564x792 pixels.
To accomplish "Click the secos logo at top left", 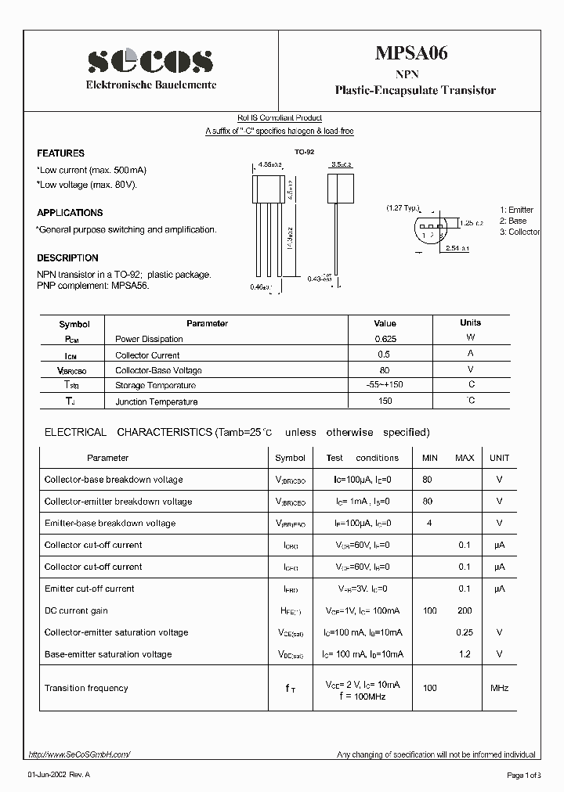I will click(x=150, y=60).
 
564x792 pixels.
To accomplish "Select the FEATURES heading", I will click(x=60, y=153).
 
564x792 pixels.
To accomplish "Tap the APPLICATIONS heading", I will click(x=70, y=213).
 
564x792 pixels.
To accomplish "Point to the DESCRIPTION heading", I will click(x=67, y=258).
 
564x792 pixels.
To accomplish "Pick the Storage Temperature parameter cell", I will click(x=155, y=386).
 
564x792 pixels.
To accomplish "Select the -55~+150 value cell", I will click(x=385, y=386).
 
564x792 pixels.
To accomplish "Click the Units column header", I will click(x=470, y=323).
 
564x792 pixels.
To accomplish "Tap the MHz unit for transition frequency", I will click(x=499, y=688).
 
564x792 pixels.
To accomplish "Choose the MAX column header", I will click(x=465, y=458).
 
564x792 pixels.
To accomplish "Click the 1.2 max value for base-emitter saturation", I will click(x=465, y=654).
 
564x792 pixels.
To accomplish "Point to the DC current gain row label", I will click(x=76, y=610).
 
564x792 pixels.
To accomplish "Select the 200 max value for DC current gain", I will click(x=465, y=610).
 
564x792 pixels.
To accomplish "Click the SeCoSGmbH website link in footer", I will click(x=79, y=754).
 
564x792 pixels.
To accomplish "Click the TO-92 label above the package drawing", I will click(x=304, y=153).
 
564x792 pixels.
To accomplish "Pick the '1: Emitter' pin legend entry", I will click(x=516, y=210).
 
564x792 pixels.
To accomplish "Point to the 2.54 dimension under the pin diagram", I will click(x=454, y=248).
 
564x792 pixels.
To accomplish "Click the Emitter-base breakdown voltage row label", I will click(x=110, y=524).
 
